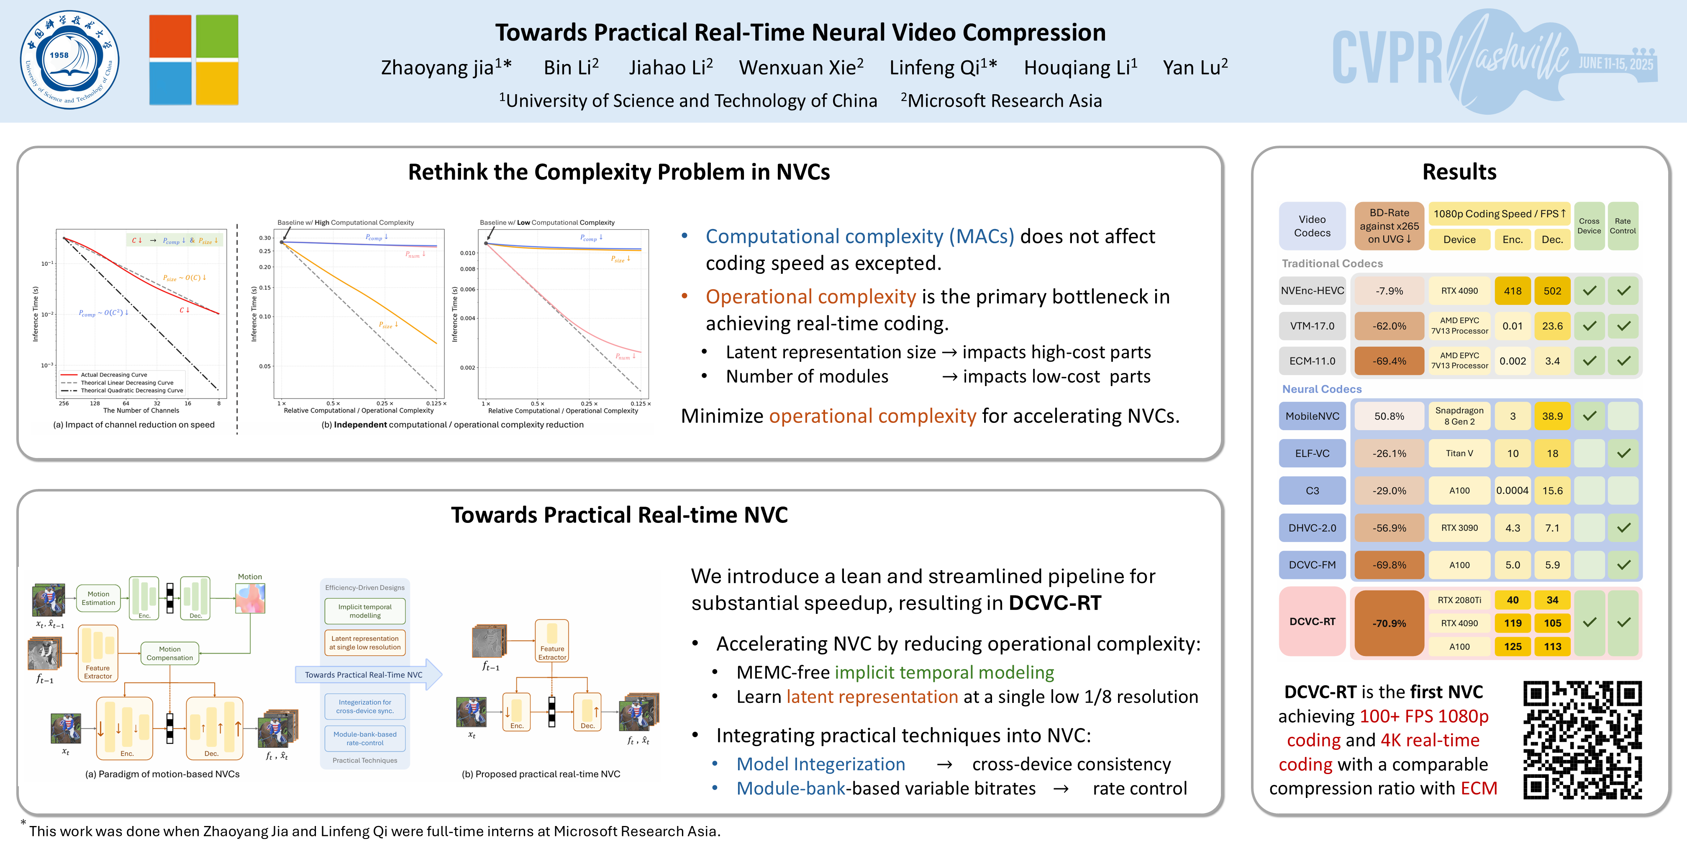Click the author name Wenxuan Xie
point(801,67)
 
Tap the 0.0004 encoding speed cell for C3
point(1512,491)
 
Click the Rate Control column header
point(1623,226)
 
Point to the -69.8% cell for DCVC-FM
point(1389,565)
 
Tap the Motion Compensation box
point(169,654)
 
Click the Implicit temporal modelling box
point(365,611)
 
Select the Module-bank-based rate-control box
point(365,738)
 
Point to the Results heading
point(1459,172)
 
